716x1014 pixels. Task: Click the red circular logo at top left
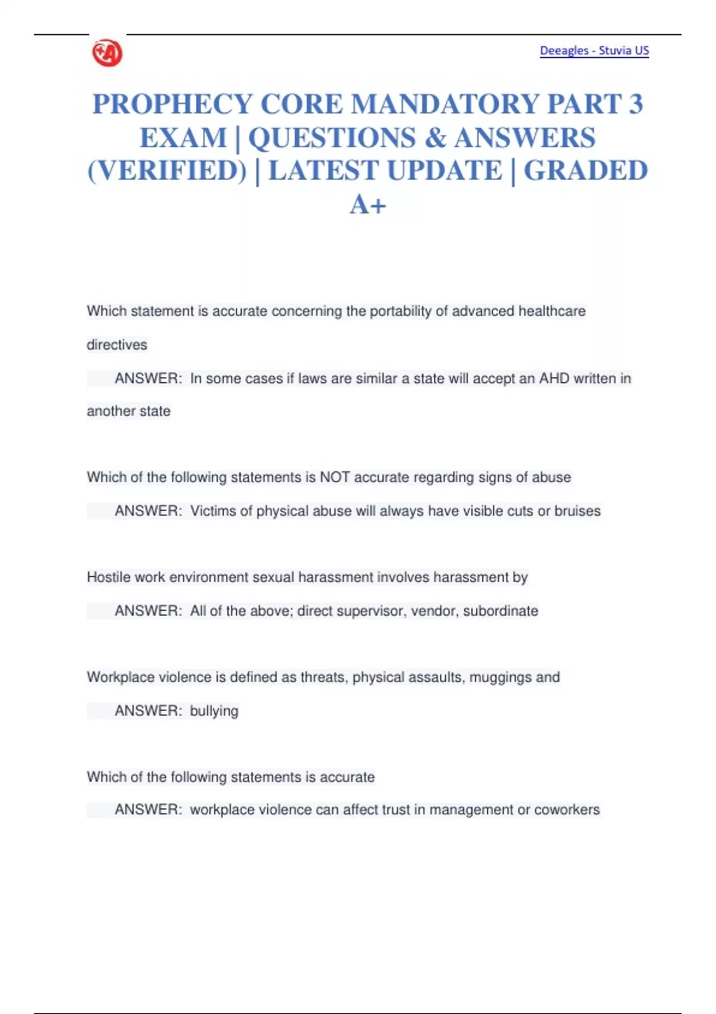[107, 53]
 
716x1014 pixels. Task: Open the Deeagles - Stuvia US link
[594, 51]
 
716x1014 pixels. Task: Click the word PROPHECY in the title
[172, 104]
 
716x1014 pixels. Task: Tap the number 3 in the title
[635, 104]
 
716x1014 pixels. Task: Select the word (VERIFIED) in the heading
[167, 171]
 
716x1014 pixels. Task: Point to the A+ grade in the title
[368, 205]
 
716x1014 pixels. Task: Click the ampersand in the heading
[436, 138]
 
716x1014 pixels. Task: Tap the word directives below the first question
[117, 345]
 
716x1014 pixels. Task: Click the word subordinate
[501, 611]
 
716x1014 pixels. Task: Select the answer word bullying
[214, 711]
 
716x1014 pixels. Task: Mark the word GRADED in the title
[585, 171]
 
